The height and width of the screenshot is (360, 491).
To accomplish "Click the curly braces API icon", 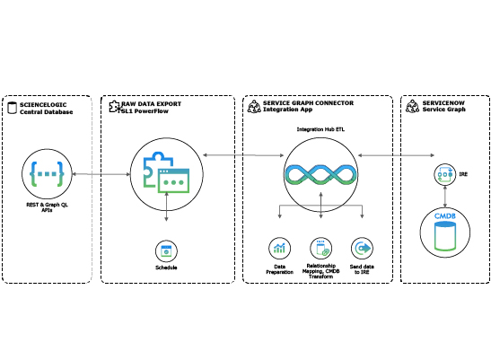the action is pos(47,174).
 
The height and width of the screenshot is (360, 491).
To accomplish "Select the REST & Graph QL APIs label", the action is pos(47,207).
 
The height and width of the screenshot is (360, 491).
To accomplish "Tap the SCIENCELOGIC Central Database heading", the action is pos(46,109).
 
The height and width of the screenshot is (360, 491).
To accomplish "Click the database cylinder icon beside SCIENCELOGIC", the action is pos(12,108).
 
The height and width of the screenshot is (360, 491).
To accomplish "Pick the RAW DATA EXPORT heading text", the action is pos(151,104).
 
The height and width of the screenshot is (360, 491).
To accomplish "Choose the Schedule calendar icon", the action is pos(166,251).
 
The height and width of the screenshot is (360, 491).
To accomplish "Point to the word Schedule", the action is pos(166,268).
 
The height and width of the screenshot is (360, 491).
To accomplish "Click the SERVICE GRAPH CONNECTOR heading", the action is pos(308,103).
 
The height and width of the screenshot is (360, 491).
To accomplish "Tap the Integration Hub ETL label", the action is pos(320,129).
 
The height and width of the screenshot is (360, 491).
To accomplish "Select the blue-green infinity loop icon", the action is pos(320,174).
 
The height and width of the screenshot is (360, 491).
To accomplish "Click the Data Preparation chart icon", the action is pos(280,248).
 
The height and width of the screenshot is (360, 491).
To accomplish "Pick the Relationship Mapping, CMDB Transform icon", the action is pos(321,248).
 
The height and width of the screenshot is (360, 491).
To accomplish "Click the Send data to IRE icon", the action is pos(362,248).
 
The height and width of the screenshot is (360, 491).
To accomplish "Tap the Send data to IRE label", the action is pos(362,269).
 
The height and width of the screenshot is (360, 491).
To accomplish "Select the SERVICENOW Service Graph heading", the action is pos(443,106).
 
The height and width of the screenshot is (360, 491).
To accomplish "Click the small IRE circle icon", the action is pos(445,174).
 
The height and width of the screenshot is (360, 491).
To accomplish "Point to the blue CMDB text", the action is pos(445,216).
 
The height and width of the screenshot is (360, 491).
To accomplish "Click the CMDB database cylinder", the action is pos(445,235).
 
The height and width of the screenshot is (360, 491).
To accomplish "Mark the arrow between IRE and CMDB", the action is pos(445,196).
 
